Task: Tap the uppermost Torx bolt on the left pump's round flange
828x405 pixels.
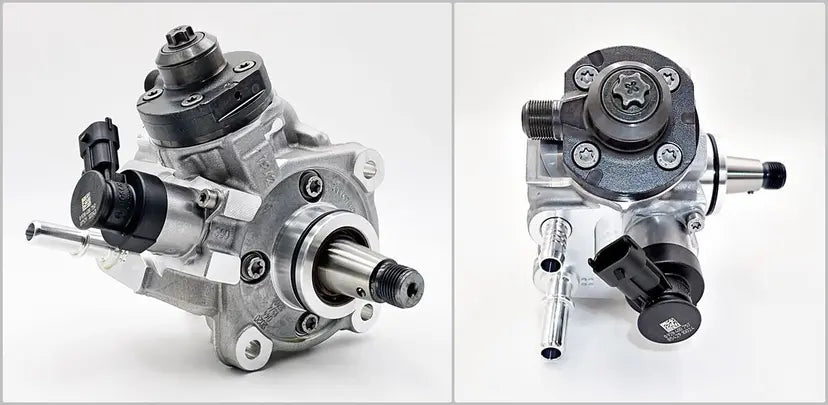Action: [x=312, y=185]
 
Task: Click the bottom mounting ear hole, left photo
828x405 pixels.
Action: [x=251, y=348]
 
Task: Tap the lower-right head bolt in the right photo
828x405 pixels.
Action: [x=667, y=155]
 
